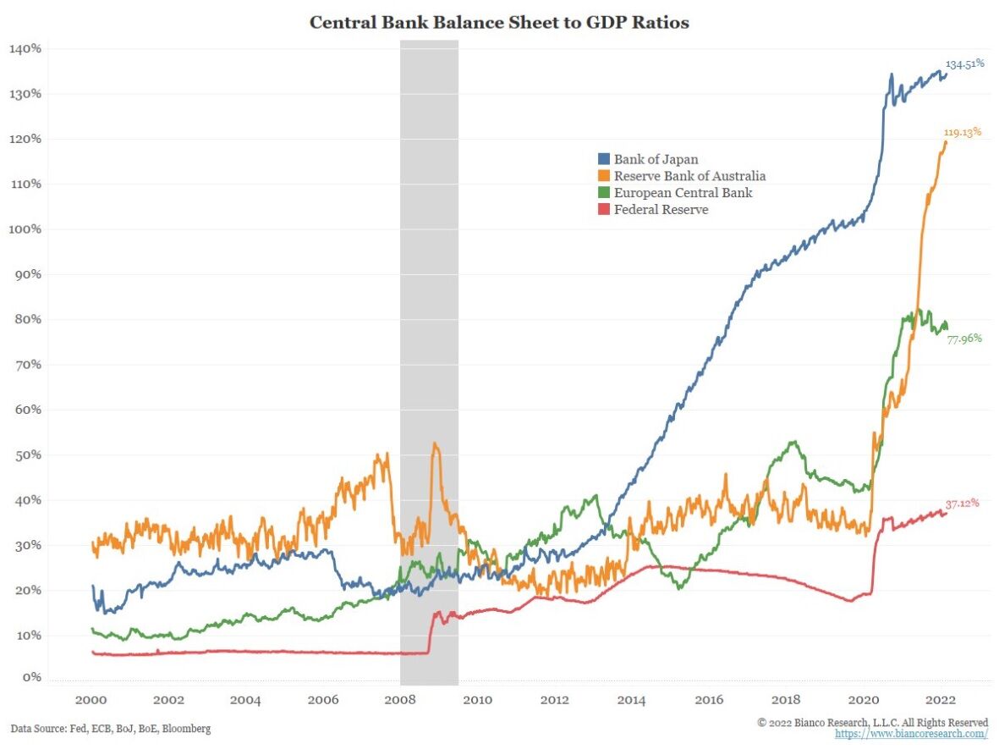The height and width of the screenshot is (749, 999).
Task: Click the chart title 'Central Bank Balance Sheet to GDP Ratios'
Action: tap(499, 23)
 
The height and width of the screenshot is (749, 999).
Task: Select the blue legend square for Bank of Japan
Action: tap(603, 159)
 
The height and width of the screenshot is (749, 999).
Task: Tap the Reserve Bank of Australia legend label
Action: tap(689, 176)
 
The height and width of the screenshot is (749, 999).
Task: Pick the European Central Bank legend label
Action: tap(683, 193)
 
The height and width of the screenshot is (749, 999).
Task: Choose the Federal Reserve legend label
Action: tap(661, 210)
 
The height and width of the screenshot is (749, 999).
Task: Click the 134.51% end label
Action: tap(965, 63)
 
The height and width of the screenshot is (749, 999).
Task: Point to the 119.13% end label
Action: tap(963, 132)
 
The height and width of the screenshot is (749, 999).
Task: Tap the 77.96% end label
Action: tap(964, 339)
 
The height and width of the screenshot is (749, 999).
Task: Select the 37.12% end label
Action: tap(963, 503)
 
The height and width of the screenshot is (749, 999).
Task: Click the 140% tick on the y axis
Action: tap(25, 49)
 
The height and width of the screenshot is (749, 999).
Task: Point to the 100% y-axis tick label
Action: tap(25, 229)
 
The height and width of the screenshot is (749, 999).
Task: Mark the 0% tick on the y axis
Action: tap(31, 677)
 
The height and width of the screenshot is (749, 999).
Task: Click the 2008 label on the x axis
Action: tap(401, 700)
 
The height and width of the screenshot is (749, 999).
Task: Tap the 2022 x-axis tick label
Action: tap(941, 700)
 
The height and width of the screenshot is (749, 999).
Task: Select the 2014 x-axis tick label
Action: tap(632, 700)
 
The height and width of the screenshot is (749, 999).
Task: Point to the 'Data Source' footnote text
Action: tap(111, 728)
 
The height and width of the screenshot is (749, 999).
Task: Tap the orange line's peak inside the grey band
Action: tap(435, 443)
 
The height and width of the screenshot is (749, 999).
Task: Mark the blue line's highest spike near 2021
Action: tap(891, 74)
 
